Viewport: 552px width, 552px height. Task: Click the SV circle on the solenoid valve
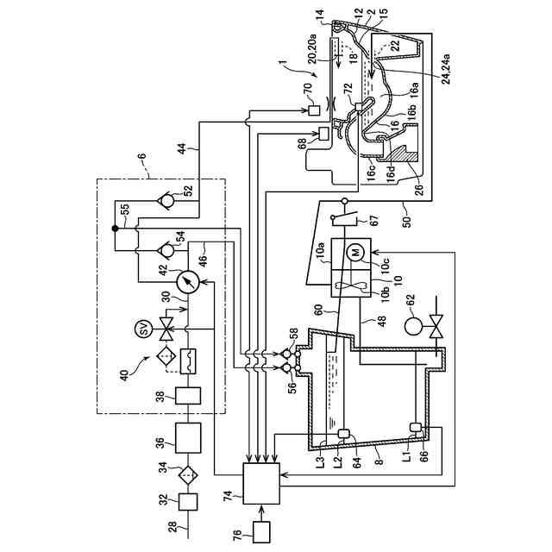144,329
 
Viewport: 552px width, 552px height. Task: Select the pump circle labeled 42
187,281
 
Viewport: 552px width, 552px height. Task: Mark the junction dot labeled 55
115,229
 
